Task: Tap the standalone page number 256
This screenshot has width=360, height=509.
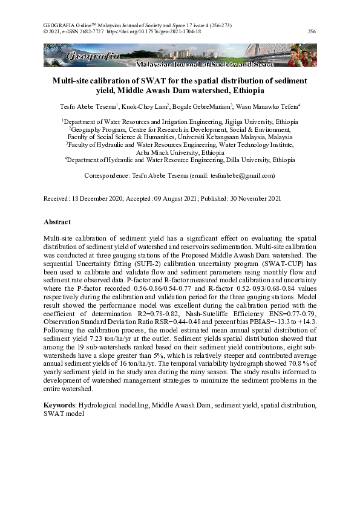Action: tap(312, 31)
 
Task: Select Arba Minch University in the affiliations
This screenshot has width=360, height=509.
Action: tap(172, 153)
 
